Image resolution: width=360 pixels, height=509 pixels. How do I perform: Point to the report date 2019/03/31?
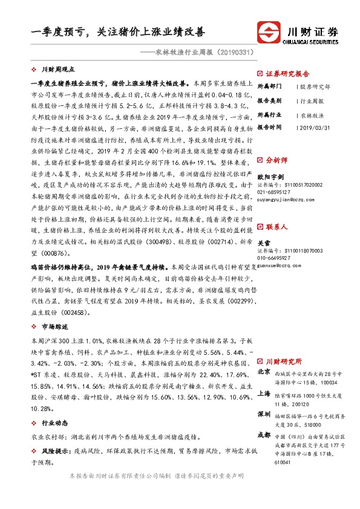coord(314,128)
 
